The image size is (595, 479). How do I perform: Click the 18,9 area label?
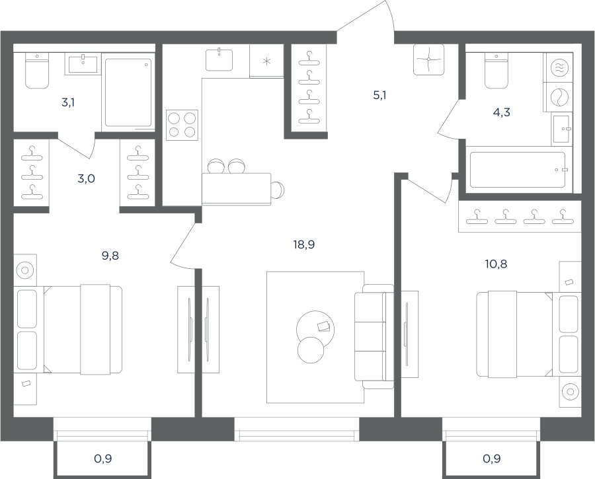[304, 245]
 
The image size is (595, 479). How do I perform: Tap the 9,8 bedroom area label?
[110, 256]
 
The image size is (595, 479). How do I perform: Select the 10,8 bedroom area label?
[496, 264]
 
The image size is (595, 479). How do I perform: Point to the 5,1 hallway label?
[379, 95]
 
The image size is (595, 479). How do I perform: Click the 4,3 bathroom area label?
[502, 112]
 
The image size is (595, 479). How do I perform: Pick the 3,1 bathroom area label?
[68, 102]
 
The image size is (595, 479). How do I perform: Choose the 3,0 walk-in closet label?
[86, 178]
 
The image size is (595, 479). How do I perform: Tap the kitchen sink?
[219, 59]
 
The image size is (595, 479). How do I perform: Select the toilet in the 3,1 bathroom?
[37, 71]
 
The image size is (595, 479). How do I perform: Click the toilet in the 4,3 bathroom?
[496, 71]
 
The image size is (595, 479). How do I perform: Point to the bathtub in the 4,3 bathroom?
[518, 170]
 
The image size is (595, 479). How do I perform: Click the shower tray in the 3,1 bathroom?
[128, 92]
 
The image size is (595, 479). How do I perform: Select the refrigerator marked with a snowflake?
[267, 61]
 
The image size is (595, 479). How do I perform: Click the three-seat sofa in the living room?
[374, 336]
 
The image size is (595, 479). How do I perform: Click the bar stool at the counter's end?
[278, 189]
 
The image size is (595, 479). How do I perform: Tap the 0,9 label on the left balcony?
[103, 459]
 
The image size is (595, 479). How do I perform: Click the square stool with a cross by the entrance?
[428, 59]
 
